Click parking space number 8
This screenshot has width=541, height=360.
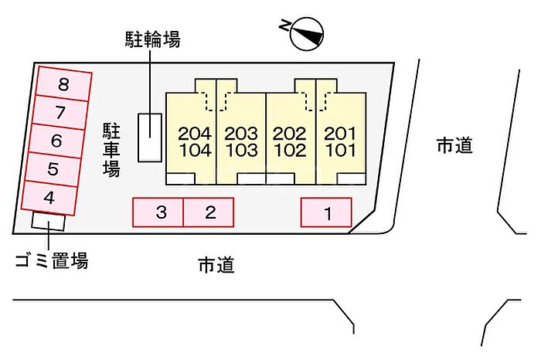click(x=64, y=83)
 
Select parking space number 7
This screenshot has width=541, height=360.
click(x=60, y=112)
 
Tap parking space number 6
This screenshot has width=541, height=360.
click(x=56, y=141)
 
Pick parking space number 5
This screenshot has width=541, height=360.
click(x=53, y=169)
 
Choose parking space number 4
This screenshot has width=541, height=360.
click(x=49, y=198)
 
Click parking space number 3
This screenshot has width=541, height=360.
click(x=158, y=212)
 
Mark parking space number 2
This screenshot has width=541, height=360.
click(x=209, y=212)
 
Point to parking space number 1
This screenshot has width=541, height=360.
click(x=326, y=212)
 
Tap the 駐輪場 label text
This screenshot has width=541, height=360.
click(x=152, y=39)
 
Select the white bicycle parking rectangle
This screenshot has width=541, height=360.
click(x=150, y=138)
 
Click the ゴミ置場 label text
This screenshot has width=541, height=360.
click(x=52, y=260)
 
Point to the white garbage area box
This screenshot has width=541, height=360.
click(x=48, y=221)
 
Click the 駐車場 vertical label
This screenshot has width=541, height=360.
click(x=111, y=150)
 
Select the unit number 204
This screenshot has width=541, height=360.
click(x=195, y=134)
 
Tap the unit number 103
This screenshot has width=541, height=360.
click(x=242, y=151)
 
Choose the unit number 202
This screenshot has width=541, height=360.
click(x=290, y=134)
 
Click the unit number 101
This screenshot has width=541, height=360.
click(x=341, y=151)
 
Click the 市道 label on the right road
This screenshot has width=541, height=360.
click(x=454, y=144)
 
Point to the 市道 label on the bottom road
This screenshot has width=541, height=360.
click(x=216, y=265)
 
